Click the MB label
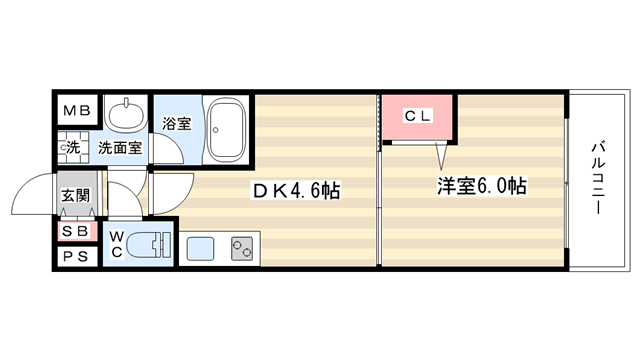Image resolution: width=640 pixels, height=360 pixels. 77,110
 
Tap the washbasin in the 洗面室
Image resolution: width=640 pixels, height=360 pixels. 125,112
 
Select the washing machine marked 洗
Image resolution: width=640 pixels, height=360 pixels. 73,147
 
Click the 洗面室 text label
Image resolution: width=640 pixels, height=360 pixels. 120,147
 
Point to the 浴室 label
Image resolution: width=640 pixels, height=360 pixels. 177,123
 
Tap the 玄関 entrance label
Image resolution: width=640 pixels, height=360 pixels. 76,196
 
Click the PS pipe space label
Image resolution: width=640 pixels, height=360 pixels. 76,257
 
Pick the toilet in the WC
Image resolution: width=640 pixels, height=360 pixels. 148,245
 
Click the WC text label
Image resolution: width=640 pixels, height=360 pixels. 117,244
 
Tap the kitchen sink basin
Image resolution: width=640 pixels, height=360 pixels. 200,249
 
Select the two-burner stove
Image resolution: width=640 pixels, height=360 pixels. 242,249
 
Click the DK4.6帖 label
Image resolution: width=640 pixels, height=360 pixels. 296,190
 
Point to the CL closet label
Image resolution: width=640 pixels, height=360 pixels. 418,116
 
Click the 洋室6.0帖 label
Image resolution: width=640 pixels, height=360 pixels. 482,186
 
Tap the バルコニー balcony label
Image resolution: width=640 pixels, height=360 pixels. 598,177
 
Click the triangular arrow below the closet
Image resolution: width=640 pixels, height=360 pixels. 441,156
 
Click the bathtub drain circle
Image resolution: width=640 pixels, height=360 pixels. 216,130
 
